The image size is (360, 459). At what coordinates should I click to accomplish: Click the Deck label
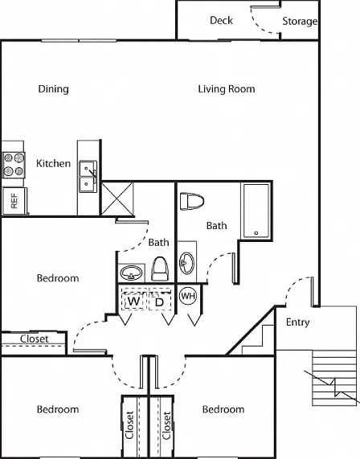pos(221,20)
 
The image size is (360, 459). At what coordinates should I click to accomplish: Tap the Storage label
pos(300,21)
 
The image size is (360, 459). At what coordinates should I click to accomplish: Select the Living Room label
pos(227,89)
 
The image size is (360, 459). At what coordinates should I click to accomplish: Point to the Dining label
pos(54,89)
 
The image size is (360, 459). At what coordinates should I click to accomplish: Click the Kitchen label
pos(54,163)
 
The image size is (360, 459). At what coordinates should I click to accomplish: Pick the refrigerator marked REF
pos(14,201)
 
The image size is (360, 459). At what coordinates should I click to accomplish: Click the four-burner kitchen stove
pos(14,165)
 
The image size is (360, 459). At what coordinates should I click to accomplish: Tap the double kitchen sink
pos(88,177)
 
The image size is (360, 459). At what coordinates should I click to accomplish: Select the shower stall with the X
pos(117,199)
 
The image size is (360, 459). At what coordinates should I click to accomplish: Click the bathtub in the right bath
pos(256,211)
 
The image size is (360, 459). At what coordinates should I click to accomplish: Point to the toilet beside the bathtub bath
pos(192,201)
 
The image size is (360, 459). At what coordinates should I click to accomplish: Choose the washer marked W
pos(134,301)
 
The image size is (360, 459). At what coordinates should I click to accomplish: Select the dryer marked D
pos(160,302)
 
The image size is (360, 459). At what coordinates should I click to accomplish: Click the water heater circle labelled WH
pos(188,296)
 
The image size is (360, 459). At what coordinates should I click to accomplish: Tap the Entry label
pos(297,322)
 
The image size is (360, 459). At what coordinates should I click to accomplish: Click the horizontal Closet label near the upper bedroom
pos(35,339)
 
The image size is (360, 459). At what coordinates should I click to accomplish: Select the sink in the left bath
pos(132,273)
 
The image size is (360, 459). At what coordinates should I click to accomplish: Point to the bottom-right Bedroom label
pos(223,409)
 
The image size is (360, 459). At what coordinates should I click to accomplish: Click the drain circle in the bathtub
pos(256,233)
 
